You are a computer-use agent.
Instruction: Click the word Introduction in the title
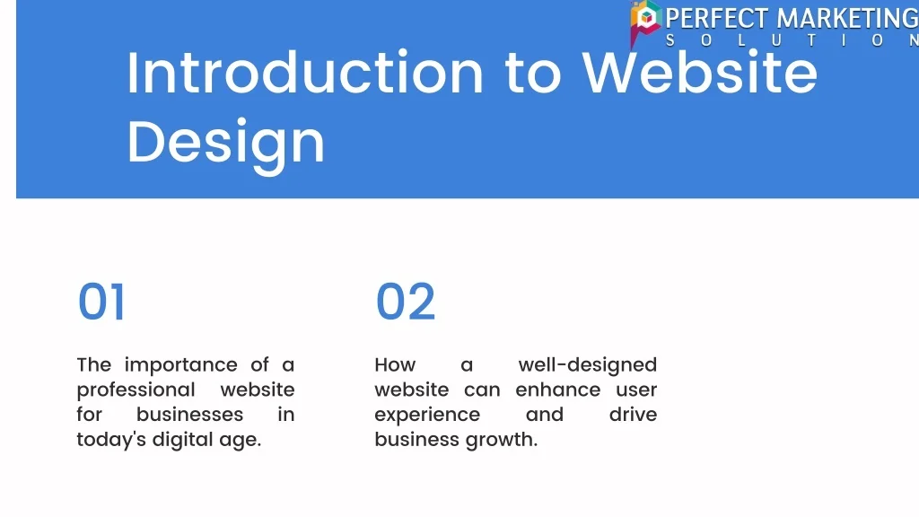pyautogui.click(x=305, y=73)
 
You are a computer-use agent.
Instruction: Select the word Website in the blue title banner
pyautogui.click(x=699, y=73)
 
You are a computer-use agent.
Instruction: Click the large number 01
pyautogui.click(x=101, y=302)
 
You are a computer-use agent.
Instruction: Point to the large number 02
pyautogui.click(x=405, y=302)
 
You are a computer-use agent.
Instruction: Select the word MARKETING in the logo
pyautogui.click(x=847, y=19)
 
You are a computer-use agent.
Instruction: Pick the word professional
pyautogui.click(x=136, y=390)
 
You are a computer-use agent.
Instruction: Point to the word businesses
pyautogui.click(x=189, y=415)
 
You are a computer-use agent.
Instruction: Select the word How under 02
pyautogui.click(x=395, y=364)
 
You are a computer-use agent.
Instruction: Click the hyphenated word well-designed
pyautogui.click(x=587, y=365)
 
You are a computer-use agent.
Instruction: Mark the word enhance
pyautogui.click(x=558, y=390)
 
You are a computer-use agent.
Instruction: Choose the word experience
pyautogui.click(x=427, y=416)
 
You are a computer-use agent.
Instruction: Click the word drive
pyautogui.click(x=633, y=415)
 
